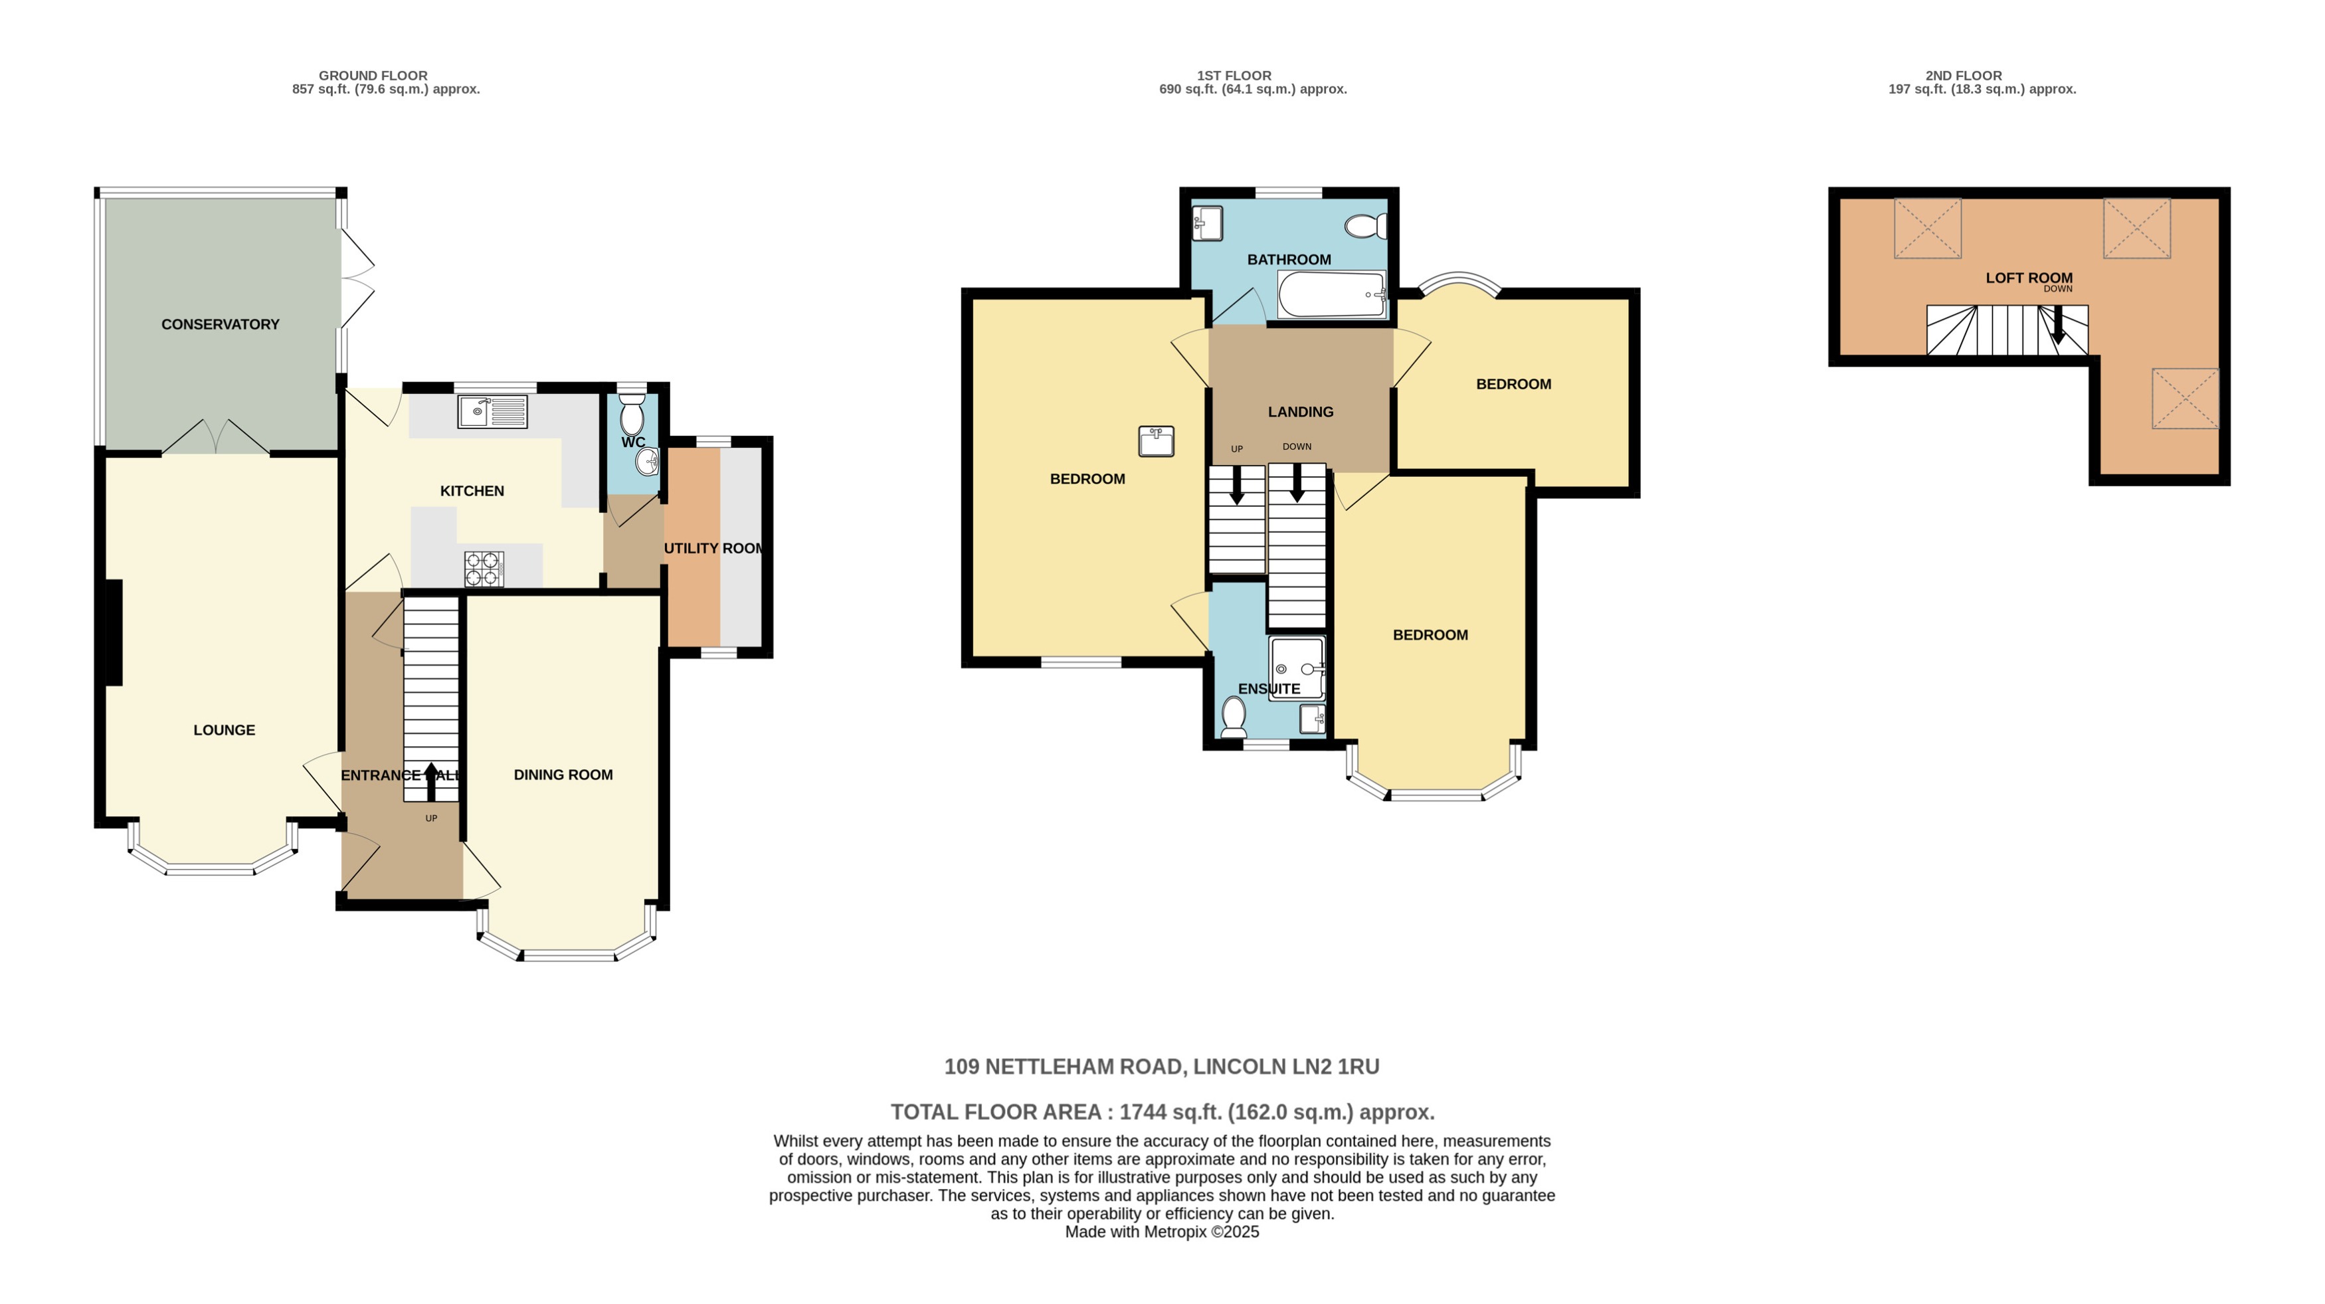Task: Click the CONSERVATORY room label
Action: (x=221, y=324)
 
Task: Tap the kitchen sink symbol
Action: (x=492, y=411)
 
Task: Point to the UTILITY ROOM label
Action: (x=713, y=548)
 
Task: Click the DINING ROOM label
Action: (x=563, y=775)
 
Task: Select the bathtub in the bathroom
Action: (x=1331, y=295)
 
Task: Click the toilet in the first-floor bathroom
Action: (x=1366, y=226)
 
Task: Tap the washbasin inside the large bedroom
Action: (x=1156, y=441)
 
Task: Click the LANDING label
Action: (x=1300, y=411)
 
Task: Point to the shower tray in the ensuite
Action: (x=1297, y=669)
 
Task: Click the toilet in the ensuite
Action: (x=1233, y=717)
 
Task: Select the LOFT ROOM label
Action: (x=2029, y=278)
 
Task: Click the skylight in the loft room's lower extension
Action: (x=2184, y=398)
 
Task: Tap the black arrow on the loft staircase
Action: (x=2058, y=326)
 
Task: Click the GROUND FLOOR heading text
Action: (x=373, y=76)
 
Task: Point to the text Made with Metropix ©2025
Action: (x=1162, y=1232)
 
